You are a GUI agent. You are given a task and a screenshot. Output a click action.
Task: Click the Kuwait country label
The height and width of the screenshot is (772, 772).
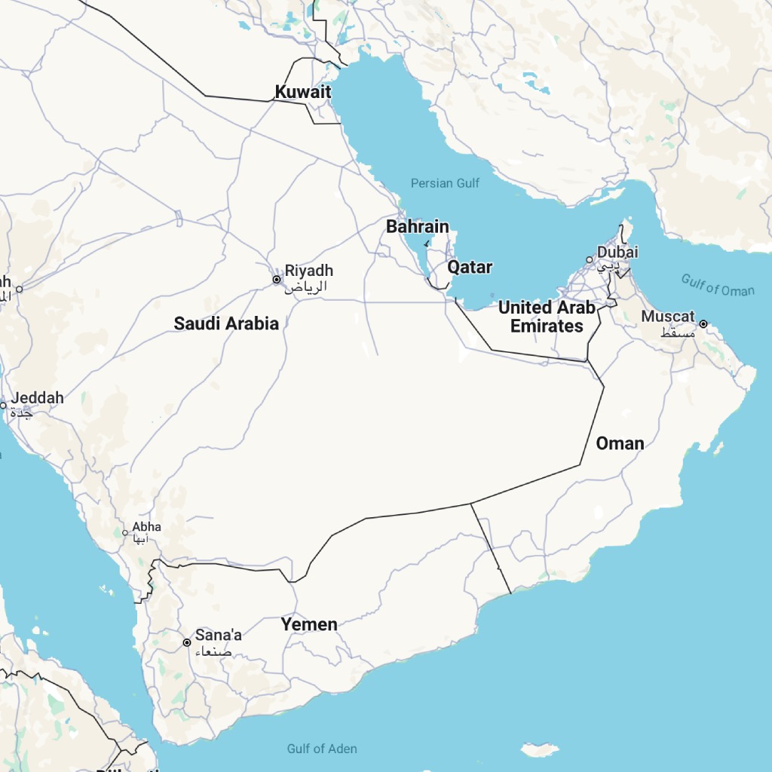[x=302, y=92]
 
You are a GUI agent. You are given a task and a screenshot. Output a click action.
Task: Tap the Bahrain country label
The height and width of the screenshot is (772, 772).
[x=417, y=226]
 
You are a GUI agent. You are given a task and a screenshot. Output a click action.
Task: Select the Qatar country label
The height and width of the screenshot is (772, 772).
[x=470, y=267]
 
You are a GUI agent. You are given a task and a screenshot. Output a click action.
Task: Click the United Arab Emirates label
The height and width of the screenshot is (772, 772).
[x=547, y=317]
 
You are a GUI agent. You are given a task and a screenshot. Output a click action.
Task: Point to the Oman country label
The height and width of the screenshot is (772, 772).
[x=620, y=443]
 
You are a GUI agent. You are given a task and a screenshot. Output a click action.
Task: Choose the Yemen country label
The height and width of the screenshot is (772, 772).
[x=309, y=624]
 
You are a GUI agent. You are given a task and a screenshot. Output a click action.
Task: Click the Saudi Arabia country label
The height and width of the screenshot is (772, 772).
[x=226, y=323]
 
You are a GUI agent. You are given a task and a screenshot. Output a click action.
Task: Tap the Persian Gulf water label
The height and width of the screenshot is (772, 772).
[x=445, y=183]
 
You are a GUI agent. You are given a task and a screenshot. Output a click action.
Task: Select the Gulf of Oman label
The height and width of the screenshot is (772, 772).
[x=718, y=285]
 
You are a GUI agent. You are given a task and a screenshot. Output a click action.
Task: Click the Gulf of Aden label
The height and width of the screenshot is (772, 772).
[x=322, y=749]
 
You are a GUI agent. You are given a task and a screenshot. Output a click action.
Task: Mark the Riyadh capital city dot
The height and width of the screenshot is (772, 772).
[x=277, y=280]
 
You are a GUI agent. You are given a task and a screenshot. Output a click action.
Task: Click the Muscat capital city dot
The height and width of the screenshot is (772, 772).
[x=703, y=324]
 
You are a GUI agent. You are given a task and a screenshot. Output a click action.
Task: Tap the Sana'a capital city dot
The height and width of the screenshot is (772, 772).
[x=187, y=643]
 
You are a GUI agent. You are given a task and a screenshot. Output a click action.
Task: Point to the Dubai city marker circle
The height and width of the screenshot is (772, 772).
[x=590, y=260]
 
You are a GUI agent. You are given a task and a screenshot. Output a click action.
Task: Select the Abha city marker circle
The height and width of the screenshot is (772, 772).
[x=125, y=533]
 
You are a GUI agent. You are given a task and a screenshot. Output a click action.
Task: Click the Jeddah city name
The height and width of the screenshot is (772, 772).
[x=36, y=397]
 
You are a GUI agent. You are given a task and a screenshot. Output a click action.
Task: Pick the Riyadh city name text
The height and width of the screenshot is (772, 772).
[x=308, y=271]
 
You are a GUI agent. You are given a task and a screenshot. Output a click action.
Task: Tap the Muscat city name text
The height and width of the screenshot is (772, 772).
[x=668, y=317]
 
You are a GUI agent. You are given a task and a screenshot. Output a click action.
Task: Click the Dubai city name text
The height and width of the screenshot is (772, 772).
[x=617, y=252]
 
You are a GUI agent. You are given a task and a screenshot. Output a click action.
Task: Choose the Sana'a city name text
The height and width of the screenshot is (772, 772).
[x=219, y=635]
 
